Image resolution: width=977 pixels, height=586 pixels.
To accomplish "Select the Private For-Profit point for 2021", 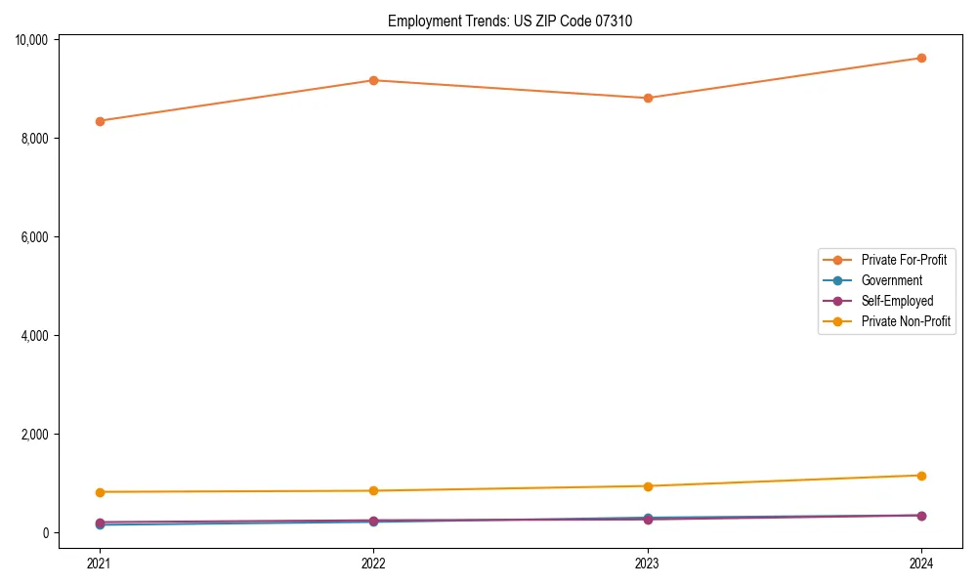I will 99,121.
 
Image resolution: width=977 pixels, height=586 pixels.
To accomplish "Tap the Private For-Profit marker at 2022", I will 373,80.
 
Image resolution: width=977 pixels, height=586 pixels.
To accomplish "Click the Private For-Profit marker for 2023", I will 647,98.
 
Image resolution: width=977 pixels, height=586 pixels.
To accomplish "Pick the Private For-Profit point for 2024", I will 921,58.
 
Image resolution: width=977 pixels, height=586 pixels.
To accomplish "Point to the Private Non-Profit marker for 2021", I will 99,492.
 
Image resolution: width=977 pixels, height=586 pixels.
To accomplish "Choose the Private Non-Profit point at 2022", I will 373,490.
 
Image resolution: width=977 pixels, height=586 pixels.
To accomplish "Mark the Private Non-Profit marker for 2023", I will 647,486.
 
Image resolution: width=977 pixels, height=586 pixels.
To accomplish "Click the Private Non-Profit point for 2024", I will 921,476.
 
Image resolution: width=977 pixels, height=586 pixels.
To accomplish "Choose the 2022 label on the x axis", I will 373,563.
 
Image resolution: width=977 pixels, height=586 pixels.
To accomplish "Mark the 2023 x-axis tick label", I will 647,563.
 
